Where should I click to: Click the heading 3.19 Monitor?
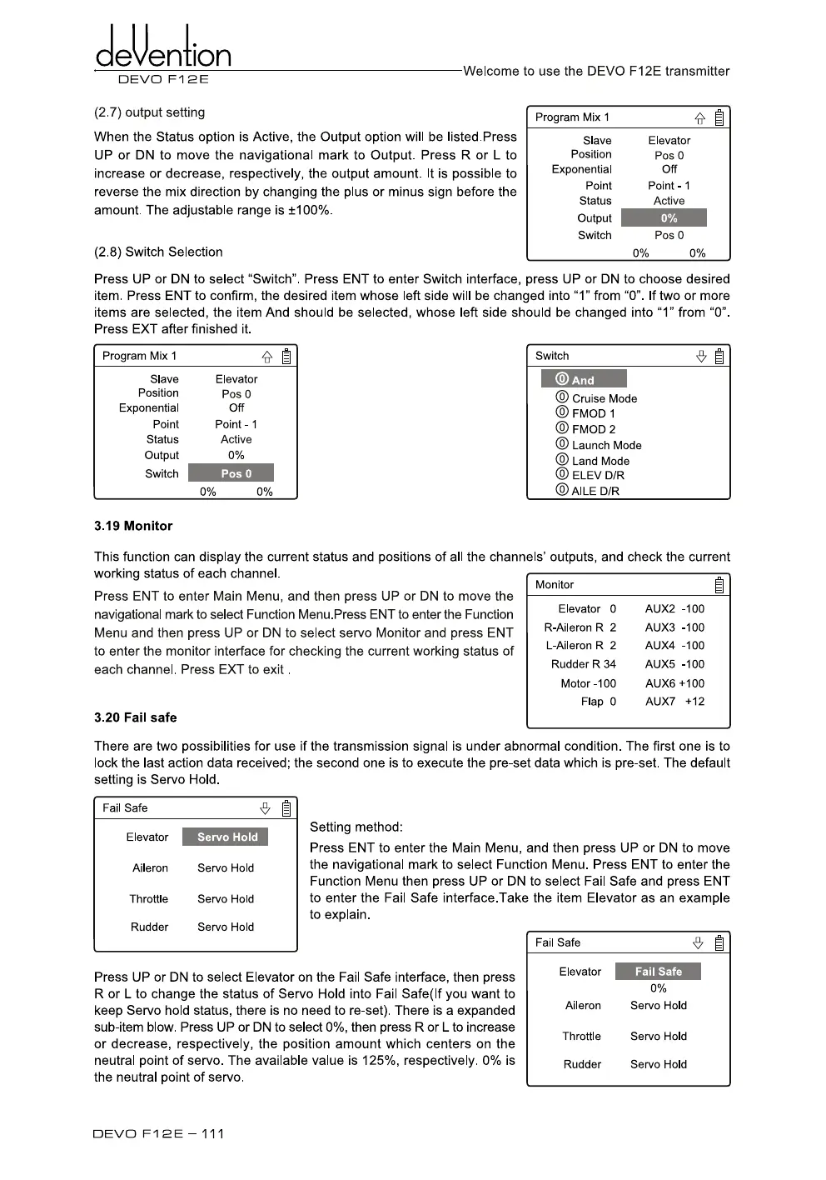(133, 526)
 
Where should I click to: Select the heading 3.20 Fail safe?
(135, 717)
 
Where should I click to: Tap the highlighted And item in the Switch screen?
(584, 379)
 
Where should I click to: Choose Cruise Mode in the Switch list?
(604, 398)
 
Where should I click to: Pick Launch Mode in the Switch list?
(606, 445)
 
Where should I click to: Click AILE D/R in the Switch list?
(595, 491)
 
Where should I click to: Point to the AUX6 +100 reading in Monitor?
(674, 683)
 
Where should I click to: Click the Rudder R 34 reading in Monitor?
(583, 664)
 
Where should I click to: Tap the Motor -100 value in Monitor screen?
(588, 683)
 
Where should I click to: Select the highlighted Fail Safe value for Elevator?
(658, 972)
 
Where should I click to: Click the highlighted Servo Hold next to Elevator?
(226, 837)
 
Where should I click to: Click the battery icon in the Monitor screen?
(719, 585)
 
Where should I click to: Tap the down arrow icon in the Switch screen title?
(701, 357)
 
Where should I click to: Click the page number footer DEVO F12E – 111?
(158, 1133)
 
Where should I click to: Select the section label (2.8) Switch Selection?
(158, 252)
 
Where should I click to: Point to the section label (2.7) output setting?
(149, 112)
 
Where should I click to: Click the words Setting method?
(356, 827)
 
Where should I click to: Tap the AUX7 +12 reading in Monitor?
(674, 702)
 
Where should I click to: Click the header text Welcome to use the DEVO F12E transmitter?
(596, 72)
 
